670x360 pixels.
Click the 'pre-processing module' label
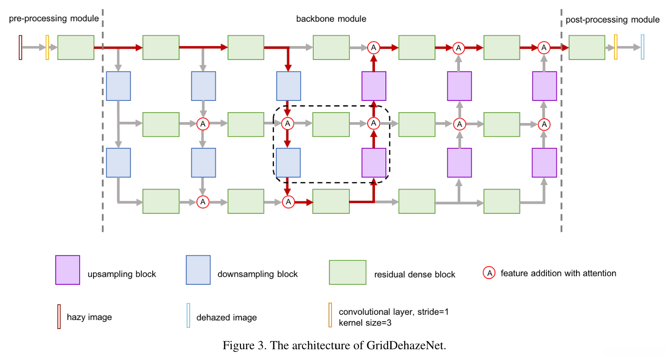(x=54, y=18)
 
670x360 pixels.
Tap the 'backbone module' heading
(x=331, y=19)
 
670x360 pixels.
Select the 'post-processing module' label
(x=612, y=20)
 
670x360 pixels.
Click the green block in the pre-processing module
(x=76, y=47)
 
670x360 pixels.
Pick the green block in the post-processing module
(x=586, y=47)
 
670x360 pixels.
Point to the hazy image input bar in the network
(x=20, y=47)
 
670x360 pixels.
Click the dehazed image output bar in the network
(x=642, y=47)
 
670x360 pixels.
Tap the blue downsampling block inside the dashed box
(x=288, y=163)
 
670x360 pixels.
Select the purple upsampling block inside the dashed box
(x=374, y=163)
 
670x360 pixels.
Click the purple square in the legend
(x=67, y=270)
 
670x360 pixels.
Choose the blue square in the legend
(x=198, y=270)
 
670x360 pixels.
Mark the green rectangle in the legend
(x=348, y=273)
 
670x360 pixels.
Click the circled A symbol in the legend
(x=489, y=273)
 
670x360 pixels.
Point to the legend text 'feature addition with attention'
(x=558, y=273)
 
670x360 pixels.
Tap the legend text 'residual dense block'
(x=414, y=274)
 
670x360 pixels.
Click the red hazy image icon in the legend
(x=59, y=317)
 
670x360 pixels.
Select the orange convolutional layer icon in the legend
(x=330, y=315)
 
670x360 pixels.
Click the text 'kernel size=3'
(x=365, y=323)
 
